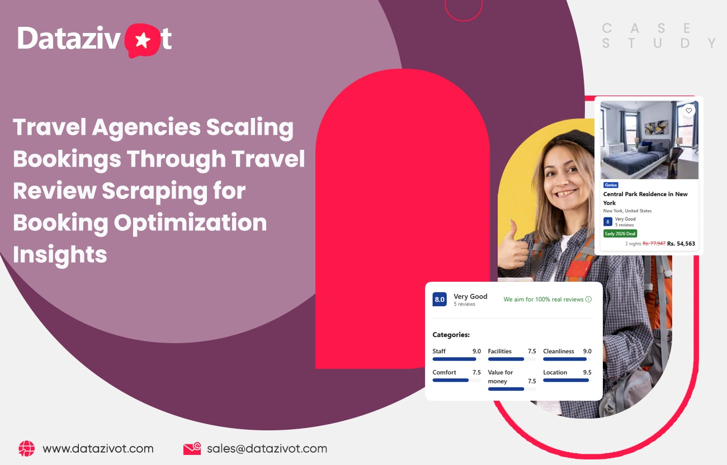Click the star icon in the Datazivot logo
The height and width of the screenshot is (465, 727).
pyautogui.click(x=143, y=41)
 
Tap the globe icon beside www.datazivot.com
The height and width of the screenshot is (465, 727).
pyautogui.click(x=26, y=448)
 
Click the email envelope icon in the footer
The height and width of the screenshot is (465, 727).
pyautogui.click(x=192, y=448)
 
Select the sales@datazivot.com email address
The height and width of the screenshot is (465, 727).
pyautogui.click(x=267, y=448)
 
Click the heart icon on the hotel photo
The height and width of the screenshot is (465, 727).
pyautogui.click(x=688, y=111)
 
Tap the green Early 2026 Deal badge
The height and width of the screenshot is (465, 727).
pyautogui.click(x=620, y=234)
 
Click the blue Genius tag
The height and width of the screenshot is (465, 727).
pyautogui.click(x=611, y=185)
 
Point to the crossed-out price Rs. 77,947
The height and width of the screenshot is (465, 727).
pyautogui.click(x=654, y=244)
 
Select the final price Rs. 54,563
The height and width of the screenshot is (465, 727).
pyautogui.click(x=681, y=244)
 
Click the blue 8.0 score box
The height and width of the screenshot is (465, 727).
pyautogui.click(x=440, y=300)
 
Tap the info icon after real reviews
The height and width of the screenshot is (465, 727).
pyautogui.click(x=588, y=300)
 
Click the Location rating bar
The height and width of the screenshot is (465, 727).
pyautogui.click(x=567, y=380)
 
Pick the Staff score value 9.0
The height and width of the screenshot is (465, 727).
pyautogui.click(x=476, y=352)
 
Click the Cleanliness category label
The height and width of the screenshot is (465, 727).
pyautogui.click(x=558, y=352)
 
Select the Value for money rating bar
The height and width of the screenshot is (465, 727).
pyautogui.click(x=506, y=388)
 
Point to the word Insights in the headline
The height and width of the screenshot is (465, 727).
pyautogui.click(x=60, y=255)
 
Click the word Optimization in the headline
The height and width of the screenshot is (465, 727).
pyautogui.click(x=190, y=223)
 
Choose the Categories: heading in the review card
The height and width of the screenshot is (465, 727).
pyautogui.click(x=451, y=335)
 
